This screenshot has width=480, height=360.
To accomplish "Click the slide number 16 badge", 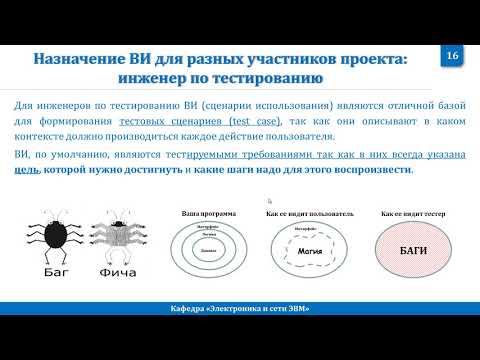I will tap(451, 56).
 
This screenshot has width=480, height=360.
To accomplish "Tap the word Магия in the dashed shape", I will tap(310, 252).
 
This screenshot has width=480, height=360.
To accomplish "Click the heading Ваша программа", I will tap(209, 214).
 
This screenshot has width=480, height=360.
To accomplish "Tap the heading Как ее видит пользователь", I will tap(310, 214).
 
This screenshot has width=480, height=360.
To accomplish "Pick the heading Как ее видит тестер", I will tap(412, 214).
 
